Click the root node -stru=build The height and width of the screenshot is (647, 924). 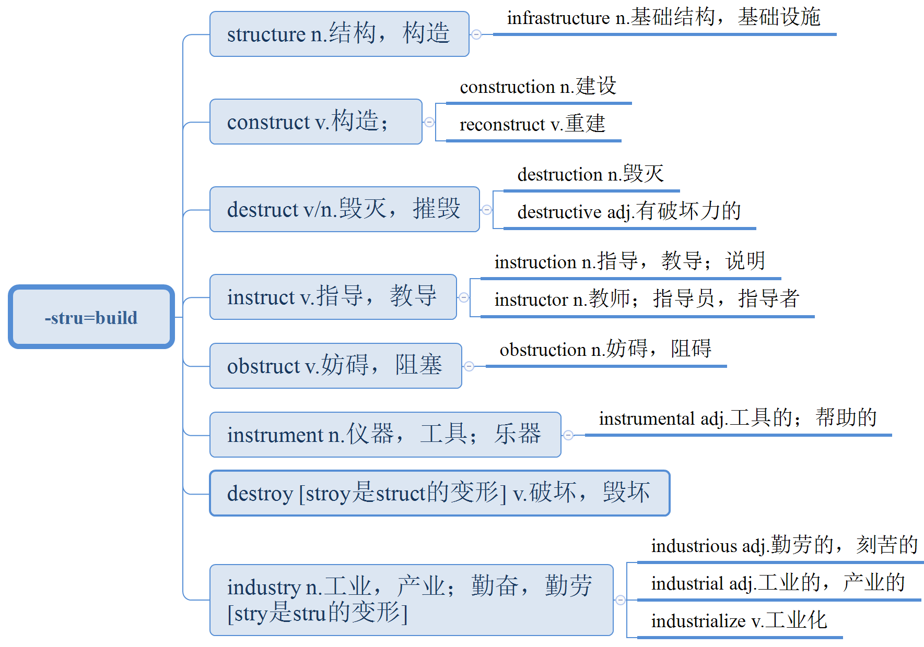tap(91, 317)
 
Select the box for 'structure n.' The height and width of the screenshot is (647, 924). tap(339, 34)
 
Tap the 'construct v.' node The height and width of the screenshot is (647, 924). tap(315, 122)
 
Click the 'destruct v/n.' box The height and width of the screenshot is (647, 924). tap(344, 209)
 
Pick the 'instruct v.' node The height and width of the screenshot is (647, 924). tap(333, 297)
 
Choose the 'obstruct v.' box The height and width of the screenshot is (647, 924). tap(335, 366)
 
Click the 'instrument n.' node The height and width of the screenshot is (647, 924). tap(385, 435)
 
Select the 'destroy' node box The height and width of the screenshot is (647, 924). tap(439, 493)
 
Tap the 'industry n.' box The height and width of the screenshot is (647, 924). tap(411, 600)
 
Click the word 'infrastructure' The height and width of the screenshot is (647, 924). tap(558, 18)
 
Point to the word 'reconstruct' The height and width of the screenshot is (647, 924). tap(502, 125)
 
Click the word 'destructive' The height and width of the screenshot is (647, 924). tap(559, 212)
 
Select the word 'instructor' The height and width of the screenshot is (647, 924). tap(531, 300)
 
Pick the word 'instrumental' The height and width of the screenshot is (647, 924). tap(647, 419)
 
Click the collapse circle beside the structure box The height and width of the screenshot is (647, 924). tap(476, 34)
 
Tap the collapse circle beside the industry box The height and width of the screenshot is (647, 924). tap(621, 600)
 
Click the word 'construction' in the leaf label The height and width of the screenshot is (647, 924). tap(507, 87)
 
